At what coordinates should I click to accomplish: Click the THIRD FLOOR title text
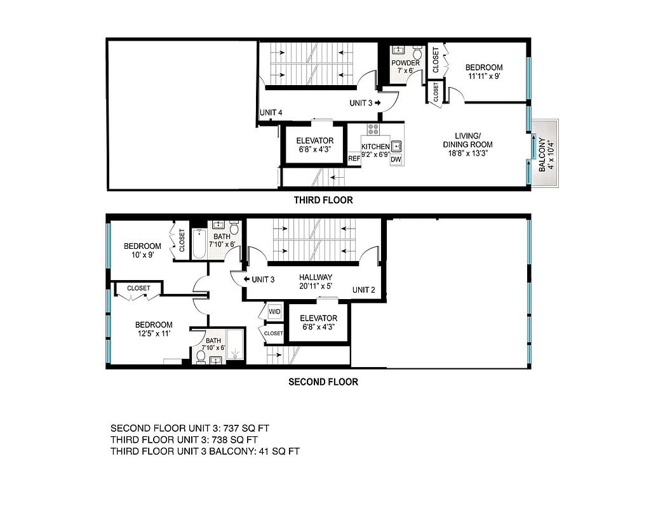pos(323,201)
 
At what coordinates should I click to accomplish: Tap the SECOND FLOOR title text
pos(323,382)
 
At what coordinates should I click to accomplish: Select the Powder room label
pos(405,67)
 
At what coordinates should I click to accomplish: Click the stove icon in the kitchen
pos(373,130)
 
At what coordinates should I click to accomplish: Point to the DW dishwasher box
pos(396,159)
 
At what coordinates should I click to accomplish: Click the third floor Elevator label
pos(314,145)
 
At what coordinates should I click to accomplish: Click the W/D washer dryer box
pos(274,311)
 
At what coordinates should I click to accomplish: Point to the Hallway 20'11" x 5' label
pos(316,282)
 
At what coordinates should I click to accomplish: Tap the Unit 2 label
pos(365,290)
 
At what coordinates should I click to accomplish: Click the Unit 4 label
pos(271,113)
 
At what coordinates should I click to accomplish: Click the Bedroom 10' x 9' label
pos(142,250)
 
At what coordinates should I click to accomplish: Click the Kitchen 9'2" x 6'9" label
pos(375,150)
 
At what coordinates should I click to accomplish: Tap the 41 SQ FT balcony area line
pos(205,451)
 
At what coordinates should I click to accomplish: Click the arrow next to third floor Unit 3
pos(378,102)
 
